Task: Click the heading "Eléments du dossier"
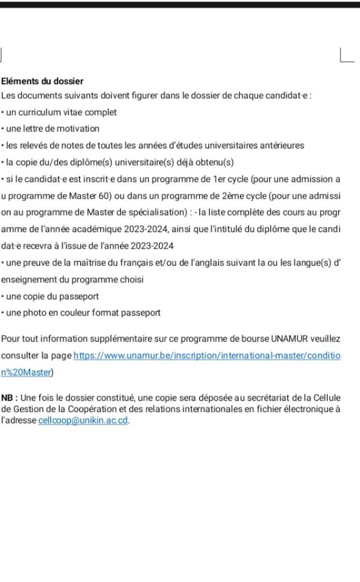43,81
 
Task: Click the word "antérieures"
281,145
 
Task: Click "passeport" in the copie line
81,296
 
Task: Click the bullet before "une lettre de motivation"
2,128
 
